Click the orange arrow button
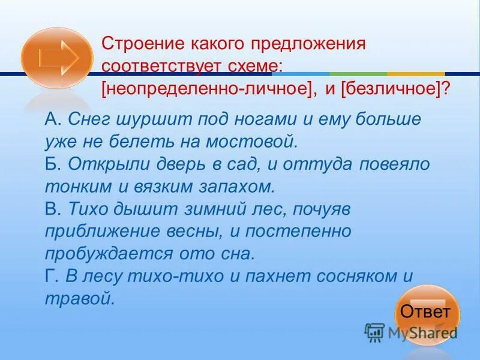tap(57, 58)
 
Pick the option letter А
tap(52, 119)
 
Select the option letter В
tap(52, 208)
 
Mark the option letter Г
tap(51, 276)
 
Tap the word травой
tap(79, 298)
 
